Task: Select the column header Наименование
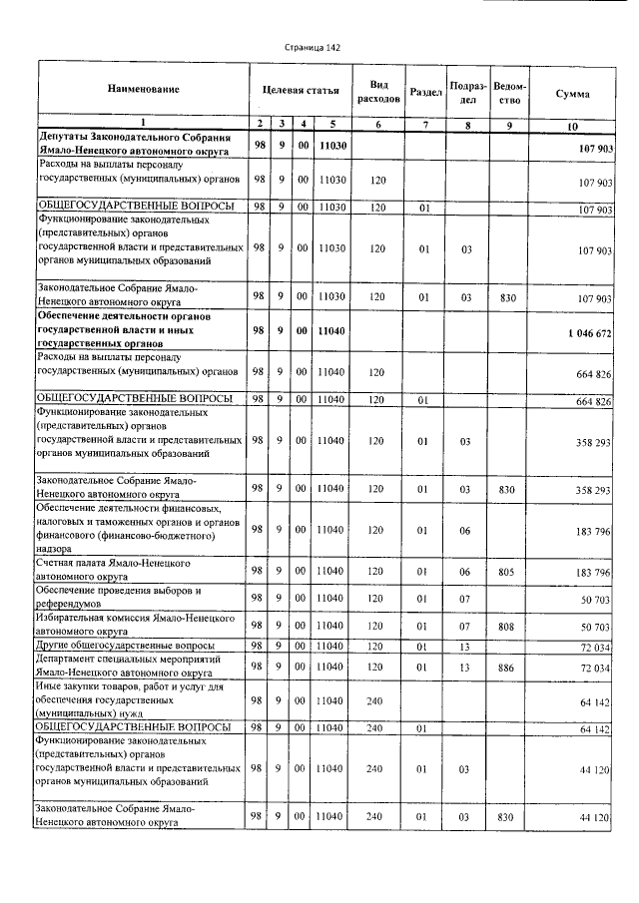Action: [x=143, y=90]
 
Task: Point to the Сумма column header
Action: [x=572, y=93]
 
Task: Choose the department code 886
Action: [x=508, y=666]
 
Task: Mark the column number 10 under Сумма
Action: [x=572, y=126]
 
